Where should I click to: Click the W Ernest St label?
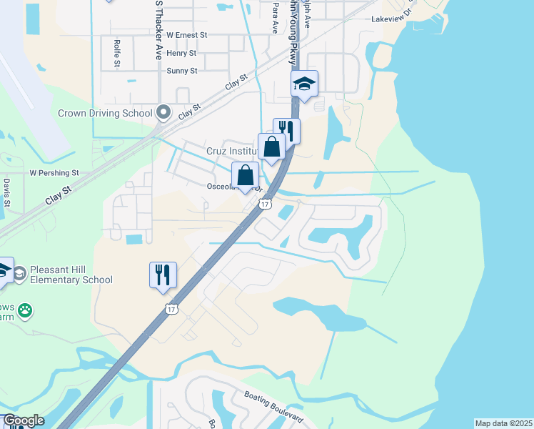click(x=186, y=34)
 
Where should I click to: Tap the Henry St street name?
click(x=181, y=53)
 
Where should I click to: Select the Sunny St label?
click(x=181, y=71)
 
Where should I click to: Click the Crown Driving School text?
click(x=105, y=113)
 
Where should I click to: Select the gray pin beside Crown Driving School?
click(x=163, y=112)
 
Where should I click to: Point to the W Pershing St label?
click(x=54, y=173)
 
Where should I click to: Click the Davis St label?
click(x=6, y=193)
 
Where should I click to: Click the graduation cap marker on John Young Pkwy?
click(x=304, y=84)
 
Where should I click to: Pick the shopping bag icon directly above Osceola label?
click(x=245, y=176)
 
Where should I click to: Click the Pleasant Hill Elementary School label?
click(x=71, y=275)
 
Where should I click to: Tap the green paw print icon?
click(x=25, y=310)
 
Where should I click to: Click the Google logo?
click(x=23, y=420)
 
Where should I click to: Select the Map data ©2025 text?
click(x=503, y=423)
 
